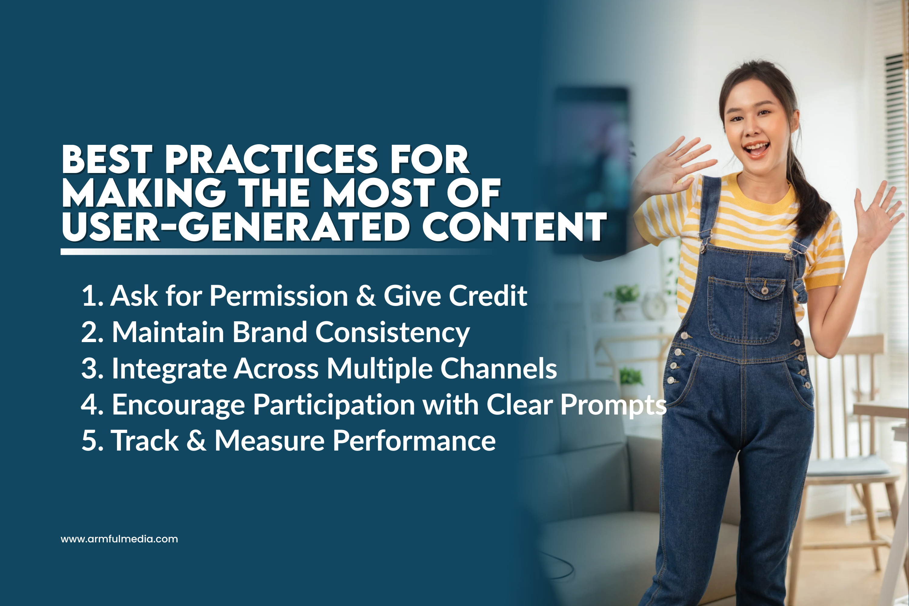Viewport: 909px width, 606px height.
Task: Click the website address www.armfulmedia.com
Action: (x=119, y=539)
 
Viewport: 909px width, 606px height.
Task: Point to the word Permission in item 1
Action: (x=279, y=296)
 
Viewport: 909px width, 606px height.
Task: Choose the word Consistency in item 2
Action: (x=393, y=332)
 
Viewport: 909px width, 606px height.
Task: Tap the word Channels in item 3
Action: (x=498, y=368)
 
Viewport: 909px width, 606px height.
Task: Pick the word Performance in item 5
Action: (x=414, y=441)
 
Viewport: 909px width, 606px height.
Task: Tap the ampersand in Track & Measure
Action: (x=196, y=441)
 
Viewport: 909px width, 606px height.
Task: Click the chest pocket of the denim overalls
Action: (x=746, y=309)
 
